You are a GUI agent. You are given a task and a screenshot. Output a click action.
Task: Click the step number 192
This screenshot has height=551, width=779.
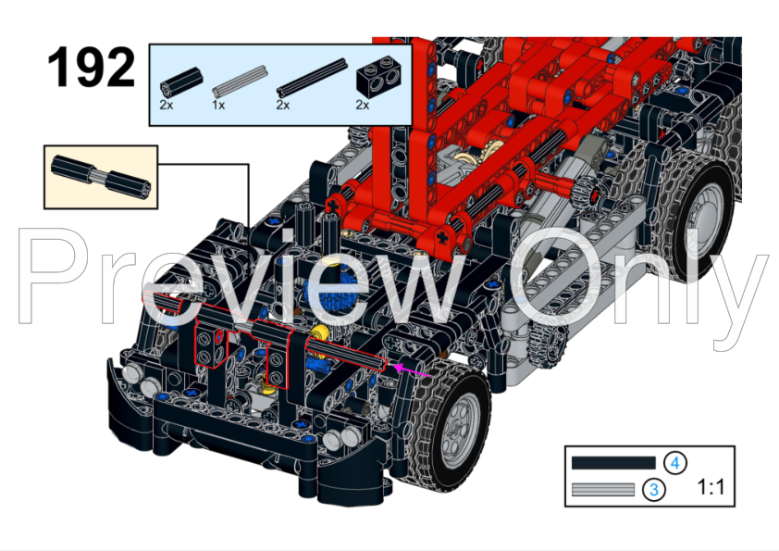[91, 67]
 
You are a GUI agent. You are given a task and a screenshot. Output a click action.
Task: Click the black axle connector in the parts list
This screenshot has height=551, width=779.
[181, 82]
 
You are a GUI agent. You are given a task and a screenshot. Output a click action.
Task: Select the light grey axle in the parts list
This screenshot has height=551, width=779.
[240, 81]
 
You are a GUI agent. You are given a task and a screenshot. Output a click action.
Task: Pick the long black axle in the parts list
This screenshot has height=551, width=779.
[312, 78]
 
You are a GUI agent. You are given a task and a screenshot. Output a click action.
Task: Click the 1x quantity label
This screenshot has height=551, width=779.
[218, 105]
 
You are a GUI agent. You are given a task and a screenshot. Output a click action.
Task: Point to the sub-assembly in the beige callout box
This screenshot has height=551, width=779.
[100, 178]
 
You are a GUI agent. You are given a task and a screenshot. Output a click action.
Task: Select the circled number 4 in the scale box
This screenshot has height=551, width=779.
[674, 463]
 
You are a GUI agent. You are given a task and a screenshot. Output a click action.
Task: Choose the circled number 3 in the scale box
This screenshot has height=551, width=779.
[654, 489]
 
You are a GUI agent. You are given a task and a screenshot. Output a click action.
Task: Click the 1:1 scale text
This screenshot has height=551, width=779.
[711, 487]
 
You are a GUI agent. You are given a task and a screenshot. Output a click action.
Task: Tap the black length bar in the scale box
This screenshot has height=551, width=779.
[613, 463]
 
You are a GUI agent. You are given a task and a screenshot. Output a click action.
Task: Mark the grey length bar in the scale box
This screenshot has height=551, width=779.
[603, 489]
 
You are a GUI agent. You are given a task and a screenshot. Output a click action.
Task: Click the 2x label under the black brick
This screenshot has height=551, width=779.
[362, 105]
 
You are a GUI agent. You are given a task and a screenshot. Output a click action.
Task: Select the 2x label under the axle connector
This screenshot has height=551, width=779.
[166, 105]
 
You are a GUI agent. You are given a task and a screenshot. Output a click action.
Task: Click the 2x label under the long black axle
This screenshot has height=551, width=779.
[283, 105]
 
